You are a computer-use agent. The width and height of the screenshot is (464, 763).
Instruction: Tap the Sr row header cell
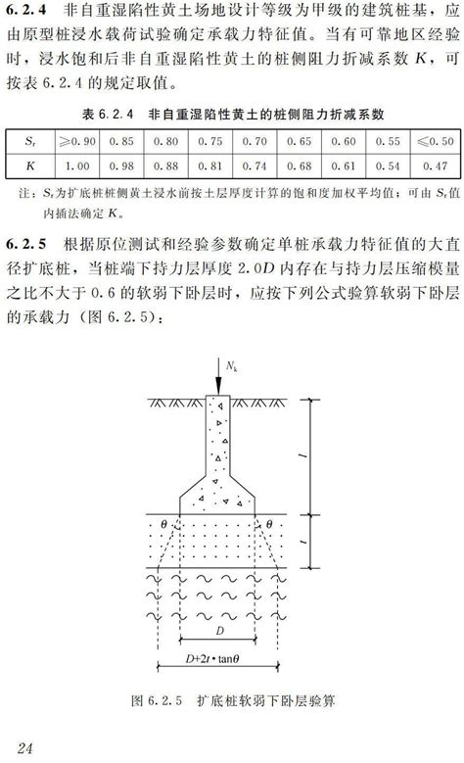tap(28, 142)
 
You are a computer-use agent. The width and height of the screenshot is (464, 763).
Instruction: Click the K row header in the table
tap(28, 166)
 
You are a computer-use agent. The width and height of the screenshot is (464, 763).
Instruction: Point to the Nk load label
tap(231, 365)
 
